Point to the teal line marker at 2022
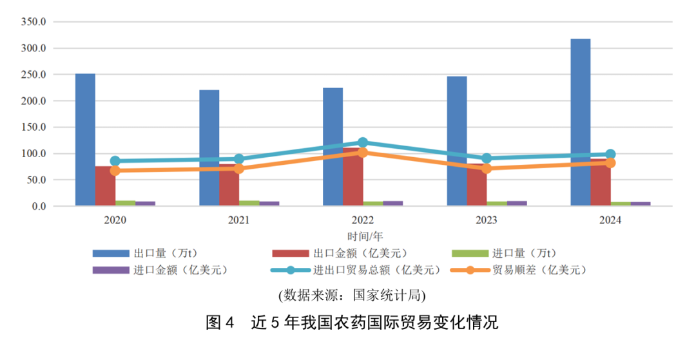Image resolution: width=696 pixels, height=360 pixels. (x=363, y=142)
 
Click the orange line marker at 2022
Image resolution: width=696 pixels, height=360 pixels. (x=363, y=153)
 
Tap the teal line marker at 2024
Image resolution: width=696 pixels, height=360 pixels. (x=610, y=155)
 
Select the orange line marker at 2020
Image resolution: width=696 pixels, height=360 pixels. (x=115, y=171)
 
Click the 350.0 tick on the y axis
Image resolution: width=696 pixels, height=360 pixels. (x=34, y=22)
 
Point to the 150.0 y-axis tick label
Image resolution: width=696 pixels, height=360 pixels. (x=34, y=128)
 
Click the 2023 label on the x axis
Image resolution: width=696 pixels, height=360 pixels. (x=487, y=220)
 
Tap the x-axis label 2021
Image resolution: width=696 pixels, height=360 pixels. (x=239, y=220)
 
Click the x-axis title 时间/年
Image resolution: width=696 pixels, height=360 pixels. (x=364, y=236)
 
